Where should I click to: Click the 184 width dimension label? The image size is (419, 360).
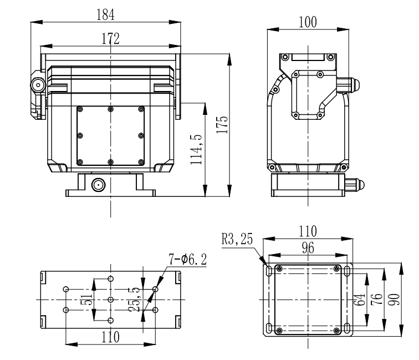pyautogui.click(x=105, y=15)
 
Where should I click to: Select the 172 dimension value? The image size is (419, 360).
pyautogui.click(x=110, y=39)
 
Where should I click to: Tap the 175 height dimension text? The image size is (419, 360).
pyautogui.click(x=222, y=125)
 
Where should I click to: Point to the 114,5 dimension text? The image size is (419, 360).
pyautogui.click(x=196, y=150)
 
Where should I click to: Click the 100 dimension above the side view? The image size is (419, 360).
pyautogui.click(x=308, y=22)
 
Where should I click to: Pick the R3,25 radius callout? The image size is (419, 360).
pyautogui.click(x=237, y=239)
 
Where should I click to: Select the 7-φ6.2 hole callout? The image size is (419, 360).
pyautogui.click(x=187, y=259)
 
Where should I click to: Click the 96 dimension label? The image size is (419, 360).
pyautogui.click(x=308, y=248)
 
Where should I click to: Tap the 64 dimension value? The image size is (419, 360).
pyautogui.click(x=359, y=300)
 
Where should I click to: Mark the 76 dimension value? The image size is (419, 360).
pyautogui.click(x=377, y=300)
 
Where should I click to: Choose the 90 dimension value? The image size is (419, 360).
pyautogui.click(x=394, y=300)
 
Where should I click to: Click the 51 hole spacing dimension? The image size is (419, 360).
pyautogui.click(x=86, y=300)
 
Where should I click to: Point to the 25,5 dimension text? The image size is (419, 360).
pyautogui.click(x=134, y=300)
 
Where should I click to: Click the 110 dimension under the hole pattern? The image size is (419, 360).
pyautogui.click(x=110, y=337)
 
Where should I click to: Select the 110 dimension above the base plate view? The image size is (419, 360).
pyautogui.click(x=308, y=231)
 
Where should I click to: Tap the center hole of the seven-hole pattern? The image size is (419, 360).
pyautogui.click(x=111, y=300)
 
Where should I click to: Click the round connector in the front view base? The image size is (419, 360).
pyautogui.click(x=98, y=185)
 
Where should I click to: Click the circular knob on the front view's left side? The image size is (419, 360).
pyautogui.click(x=38, y=85)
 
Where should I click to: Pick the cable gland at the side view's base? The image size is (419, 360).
pyautogui.click(x=355, y=185)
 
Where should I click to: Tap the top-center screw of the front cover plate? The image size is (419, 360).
pyautogui.click(x=111, y=109)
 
